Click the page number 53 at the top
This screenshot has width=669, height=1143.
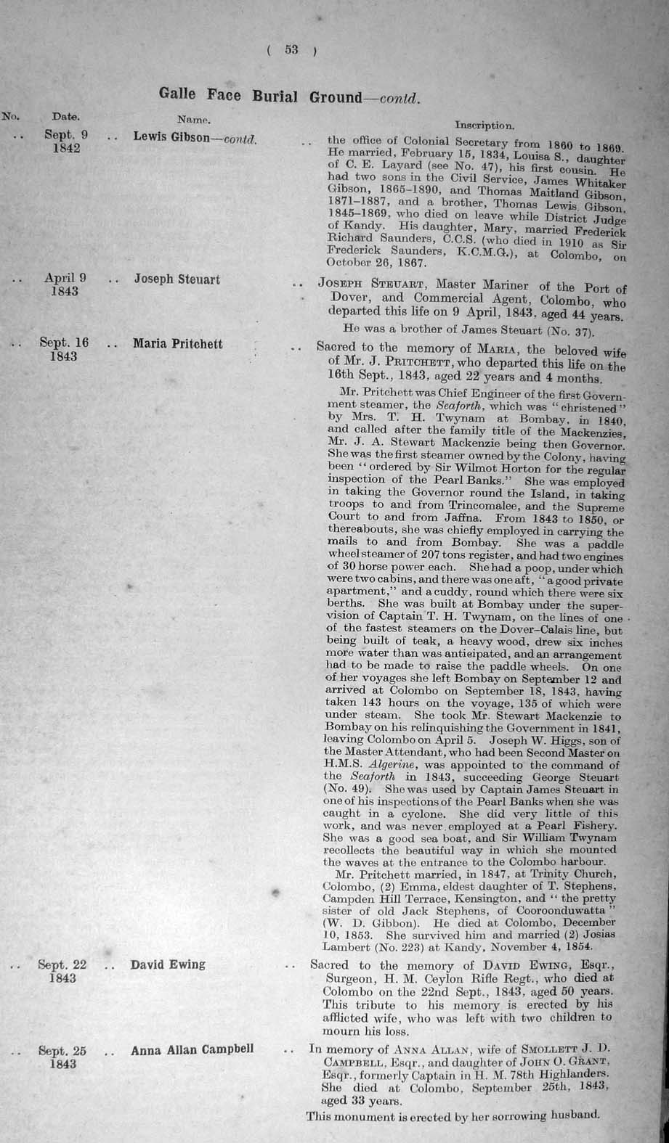(291, 49)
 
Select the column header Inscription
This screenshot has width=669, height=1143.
(485, 125)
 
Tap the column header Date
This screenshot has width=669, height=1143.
(65, 115)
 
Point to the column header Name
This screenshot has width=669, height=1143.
(194, 118)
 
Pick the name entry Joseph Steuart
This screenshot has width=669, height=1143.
(177, 279)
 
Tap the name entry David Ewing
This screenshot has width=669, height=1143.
(168, 964)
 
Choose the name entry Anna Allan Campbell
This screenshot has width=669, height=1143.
(192, 1049)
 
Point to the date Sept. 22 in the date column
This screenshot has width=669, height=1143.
(62, 964)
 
